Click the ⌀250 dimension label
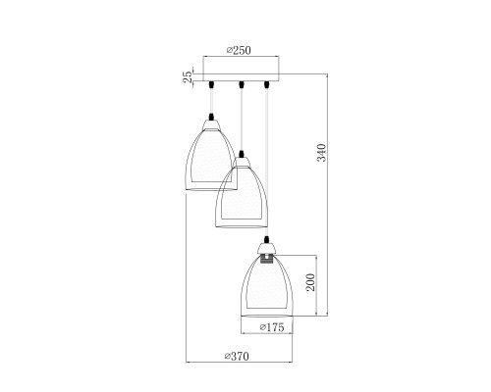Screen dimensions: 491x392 pos(239,50)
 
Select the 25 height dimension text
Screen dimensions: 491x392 pos(188,76)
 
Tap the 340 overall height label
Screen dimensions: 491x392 pos(322,152)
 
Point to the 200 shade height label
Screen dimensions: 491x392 pos(310,282)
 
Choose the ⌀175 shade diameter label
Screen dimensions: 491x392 pos(272,327)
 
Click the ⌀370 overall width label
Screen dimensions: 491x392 pos(237,356)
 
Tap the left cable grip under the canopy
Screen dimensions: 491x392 pos(211,84)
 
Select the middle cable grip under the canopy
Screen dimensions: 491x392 pos(242,84)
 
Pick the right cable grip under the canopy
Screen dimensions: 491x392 pos(267,84)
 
